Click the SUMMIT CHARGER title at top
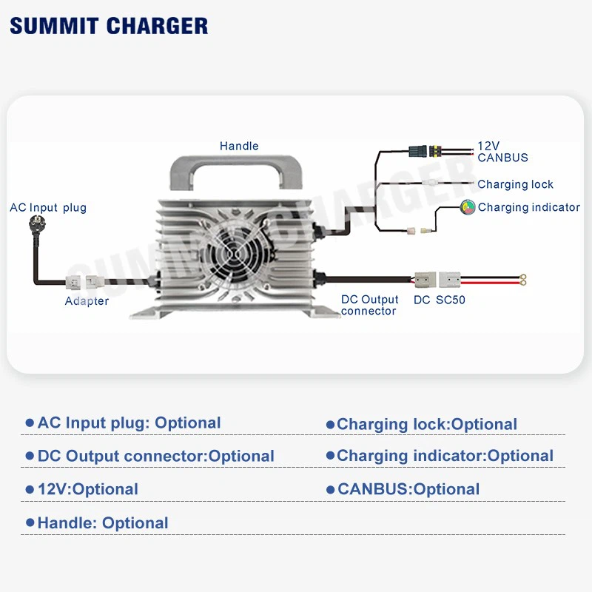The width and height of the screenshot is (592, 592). click(x=109, y=26)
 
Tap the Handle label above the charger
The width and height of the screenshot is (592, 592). click(x=239, y=146)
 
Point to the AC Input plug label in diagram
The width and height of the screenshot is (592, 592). click(x=48, y=207)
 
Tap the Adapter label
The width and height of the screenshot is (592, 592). click(x=87, y=300)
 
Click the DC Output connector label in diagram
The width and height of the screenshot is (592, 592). click(x=369, y=305)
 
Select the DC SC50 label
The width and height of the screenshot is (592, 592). click(x=440, y=300)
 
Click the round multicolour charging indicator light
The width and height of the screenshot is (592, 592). click(x=468, y=207)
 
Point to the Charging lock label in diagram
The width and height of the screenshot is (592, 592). click(x=515, y=184)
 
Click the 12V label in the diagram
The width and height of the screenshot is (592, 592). click(x=489, y=146)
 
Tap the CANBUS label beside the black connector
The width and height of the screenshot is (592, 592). click(x=502, y=158)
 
